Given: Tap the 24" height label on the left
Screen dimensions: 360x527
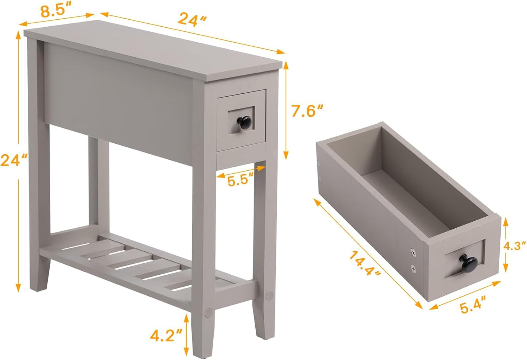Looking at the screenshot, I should (13, 160).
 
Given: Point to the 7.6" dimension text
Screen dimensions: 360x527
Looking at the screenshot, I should (307, 111).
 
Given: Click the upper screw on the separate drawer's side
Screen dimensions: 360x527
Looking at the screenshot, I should (413, 251).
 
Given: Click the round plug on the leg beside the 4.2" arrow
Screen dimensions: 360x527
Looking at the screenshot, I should (209, 312).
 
